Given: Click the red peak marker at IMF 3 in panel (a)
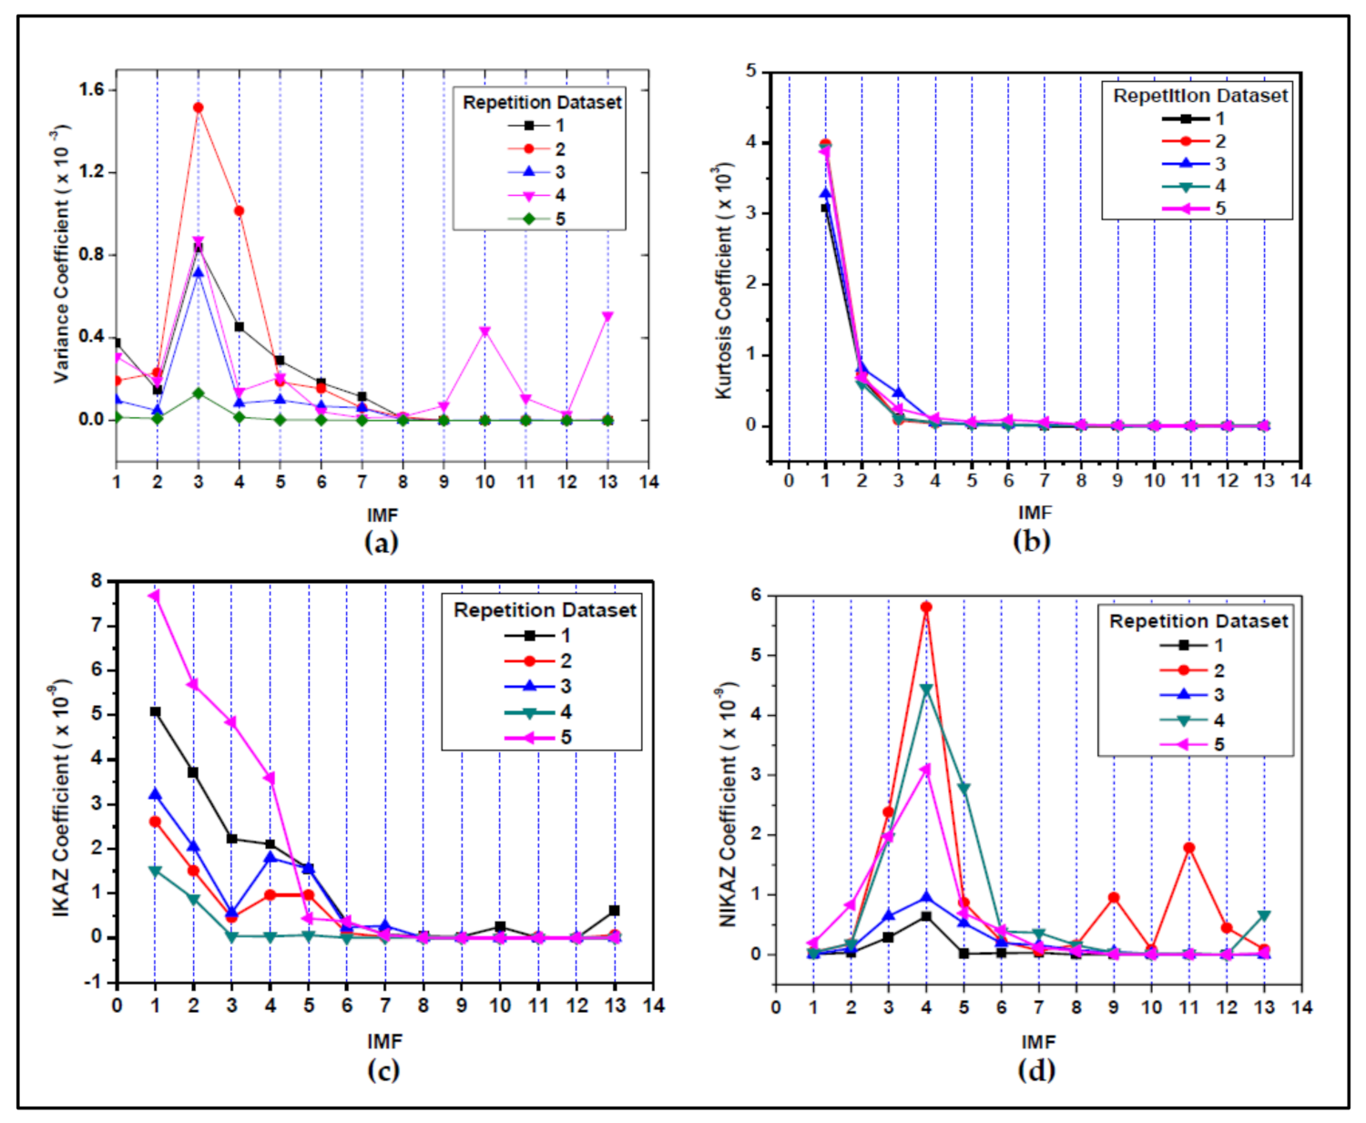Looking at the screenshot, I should pyautogui.click(x=198, y=107).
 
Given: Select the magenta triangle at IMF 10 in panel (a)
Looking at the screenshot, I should pyautogui.click(x=484, y=332).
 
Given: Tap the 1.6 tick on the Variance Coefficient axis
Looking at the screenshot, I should pyautogui.click(x=92, y=89).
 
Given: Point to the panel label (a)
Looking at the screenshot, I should pyautogui.click(x=382, y=542).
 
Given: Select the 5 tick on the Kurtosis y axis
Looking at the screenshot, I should pyautogui.click(x=750, y=71).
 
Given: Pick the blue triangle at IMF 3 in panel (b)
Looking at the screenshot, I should pyautogui.click(x=898, y=393).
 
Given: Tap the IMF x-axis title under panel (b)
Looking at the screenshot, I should pyautogui.click(x=1035, y=513).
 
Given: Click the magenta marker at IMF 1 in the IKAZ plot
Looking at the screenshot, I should pyautogui.click(x=155, y=596).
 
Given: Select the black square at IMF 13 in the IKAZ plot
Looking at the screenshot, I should pyautogui.click(x=615, y=911).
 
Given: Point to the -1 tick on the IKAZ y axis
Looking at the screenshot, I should pyautogui.click(x=96, y=983).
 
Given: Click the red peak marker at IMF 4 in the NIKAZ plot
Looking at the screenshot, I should pyautogui.click(x=926, y=607).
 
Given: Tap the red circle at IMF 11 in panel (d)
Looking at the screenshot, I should pyautogui.click(x=1189, y=848).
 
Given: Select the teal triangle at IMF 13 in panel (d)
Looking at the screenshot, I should pyautogui.click(x=1264, y=915).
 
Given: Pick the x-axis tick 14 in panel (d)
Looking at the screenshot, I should pyautogui.click(x=1302, y=1007).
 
